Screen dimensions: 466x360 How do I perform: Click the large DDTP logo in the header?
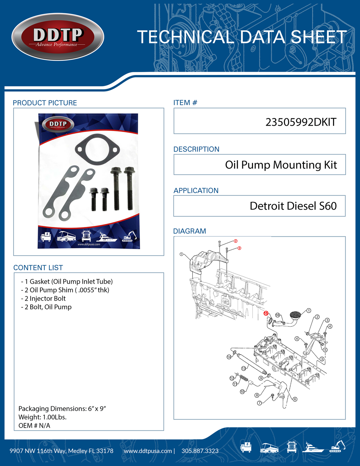click(x=58, y=37)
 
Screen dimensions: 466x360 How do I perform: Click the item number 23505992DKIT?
click(x=301, y=122)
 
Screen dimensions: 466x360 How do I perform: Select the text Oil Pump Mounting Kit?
click(x=281, y=165)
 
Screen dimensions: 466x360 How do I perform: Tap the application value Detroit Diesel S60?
click(x=293, y=206)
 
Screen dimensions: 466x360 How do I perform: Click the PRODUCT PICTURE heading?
click(x=45, y=103)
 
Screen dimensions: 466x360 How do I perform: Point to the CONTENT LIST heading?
click(x=38, y=268)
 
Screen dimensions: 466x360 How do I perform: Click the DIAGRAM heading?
click(x=189, y=231)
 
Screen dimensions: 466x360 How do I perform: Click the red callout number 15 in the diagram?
click(x=266, y=313)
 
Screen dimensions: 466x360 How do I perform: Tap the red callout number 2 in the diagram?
click(x=235, y=241)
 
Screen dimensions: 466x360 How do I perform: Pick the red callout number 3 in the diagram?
click(x=239, y=248)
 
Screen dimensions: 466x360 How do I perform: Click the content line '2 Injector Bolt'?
click(x=43, y=299)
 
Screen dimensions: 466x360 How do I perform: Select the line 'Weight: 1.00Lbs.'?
click(x=42, y=417)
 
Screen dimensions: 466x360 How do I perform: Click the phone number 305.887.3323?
click(x=200, y=451)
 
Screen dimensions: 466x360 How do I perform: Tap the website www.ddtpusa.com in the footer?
click(x=148, y=451)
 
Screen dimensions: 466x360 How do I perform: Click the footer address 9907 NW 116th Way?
click(x=61, y=451)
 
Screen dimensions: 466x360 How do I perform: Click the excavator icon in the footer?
click(x=337, y=447)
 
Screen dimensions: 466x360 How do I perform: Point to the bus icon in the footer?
click(x=269, y=447)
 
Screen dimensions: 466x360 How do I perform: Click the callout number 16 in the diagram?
click(x=277, y=315)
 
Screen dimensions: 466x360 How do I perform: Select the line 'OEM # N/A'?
click(x=34, y=426)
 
